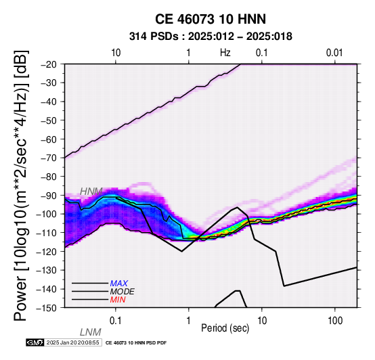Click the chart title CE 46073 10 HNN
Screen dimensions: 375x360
click(211, 19)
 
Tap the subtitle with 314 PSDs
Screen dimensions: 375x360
click(211, 37)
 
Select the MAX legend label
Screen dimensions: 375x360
click(119, 284)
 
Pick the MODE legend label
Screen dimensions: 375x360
click(123, 292)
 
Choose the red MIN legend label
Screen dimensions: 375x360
click(118, 300)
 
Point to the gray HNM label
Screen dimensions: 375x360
click(91, 192)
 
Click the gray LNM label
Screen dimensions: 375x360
click(91, 332)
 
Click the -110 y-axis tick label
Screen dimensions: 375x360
click(47, 233)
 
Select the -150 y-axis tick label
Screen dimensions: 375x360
click(47, 308)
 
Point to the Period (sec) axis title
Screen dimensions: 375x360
click(225, 328)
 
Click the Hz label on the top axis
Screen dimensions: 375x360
click(225, 53)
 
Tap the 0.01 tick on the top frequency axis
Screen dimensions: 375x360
click(334, 53)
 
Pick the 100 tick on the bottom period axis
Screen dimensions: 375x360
click(335, 321)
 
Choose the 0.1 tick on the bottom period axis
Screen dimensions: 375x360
click(116, 321)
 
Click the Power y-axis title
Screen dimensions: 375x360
click(20, 185)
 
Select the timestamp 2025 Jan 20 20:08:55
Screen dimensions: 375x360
click(72, 342)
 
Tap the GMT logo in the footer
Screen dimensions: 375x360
click(35, 342)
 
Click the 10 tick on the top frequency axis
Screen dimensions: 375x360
click(116, 53)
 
